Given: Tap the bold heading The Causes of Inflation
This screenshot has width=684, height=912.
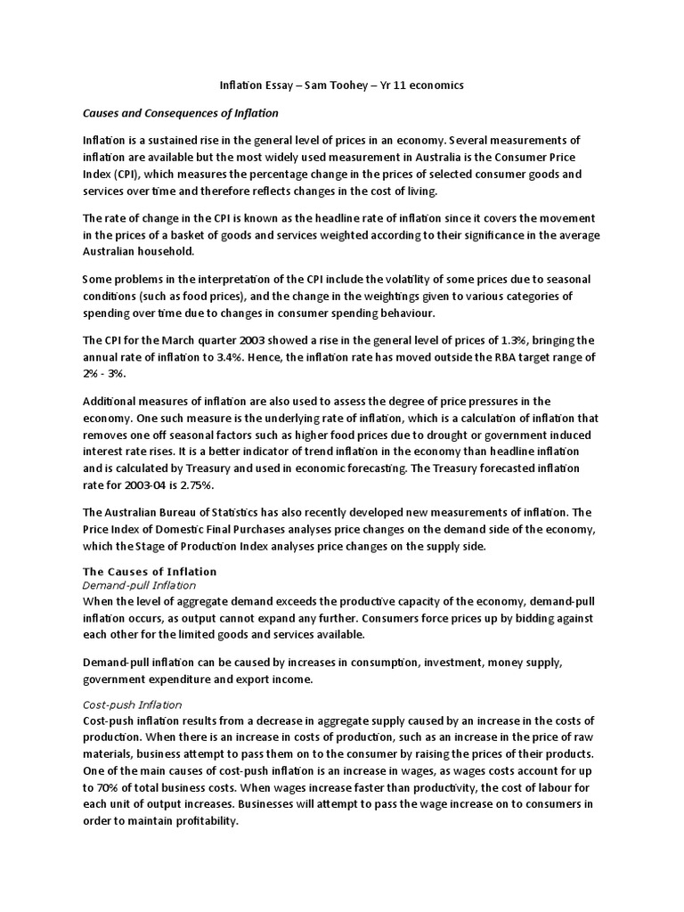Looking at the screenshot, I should (x=150, y=571).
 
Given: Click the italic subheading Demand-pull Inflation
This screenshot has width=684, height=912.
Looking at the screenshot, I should (x=139, y=585).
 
